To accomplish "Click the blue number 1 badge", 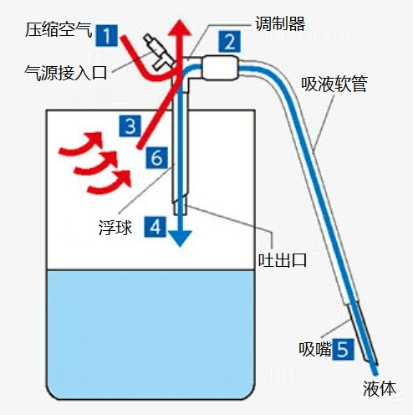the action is pos(107,35).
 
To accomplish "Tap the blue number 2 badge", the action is pos(230,42).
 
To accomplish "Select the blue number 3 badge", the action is pos(130,126).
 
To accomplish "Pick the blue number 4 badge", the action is pos(156,227).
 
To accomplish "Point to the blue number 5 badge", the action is pos(343,349).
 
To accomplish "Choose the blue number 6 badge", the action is pos(157,158).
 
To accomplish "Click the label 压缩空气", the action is pos(59,29).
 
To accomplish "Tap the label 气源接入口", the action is pos(66,73).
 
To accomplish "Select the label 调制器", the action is pos(280,23).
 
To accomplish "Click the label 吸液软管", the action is pos(334,84).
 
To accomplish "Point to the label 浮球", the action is pos(115,228).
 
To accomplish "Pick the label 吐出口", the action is pos(283,260).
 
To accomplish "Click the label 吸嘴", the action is pos(315,349).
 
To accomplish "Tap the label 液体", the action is pos(380,388).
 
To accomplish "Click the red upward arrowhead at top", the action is pos(181,28).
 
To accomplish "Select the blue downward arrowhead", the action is pos(181,238).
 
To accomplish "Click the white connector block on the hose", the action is pos(220,68).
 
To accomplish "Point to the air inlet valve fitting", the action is pos(158,52).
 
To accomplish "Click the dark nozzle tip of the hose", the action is pos(363,335).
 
